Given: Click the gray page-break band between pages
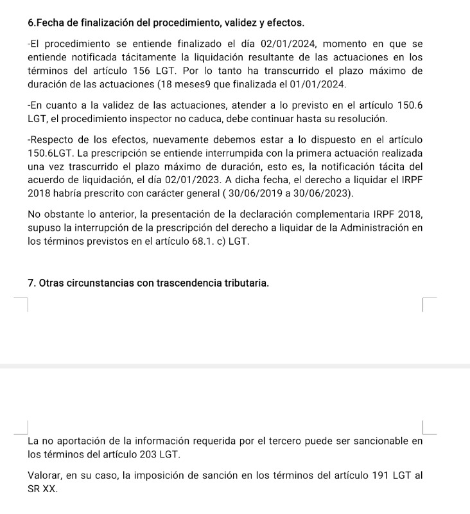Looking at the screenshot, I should point(235,366).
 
